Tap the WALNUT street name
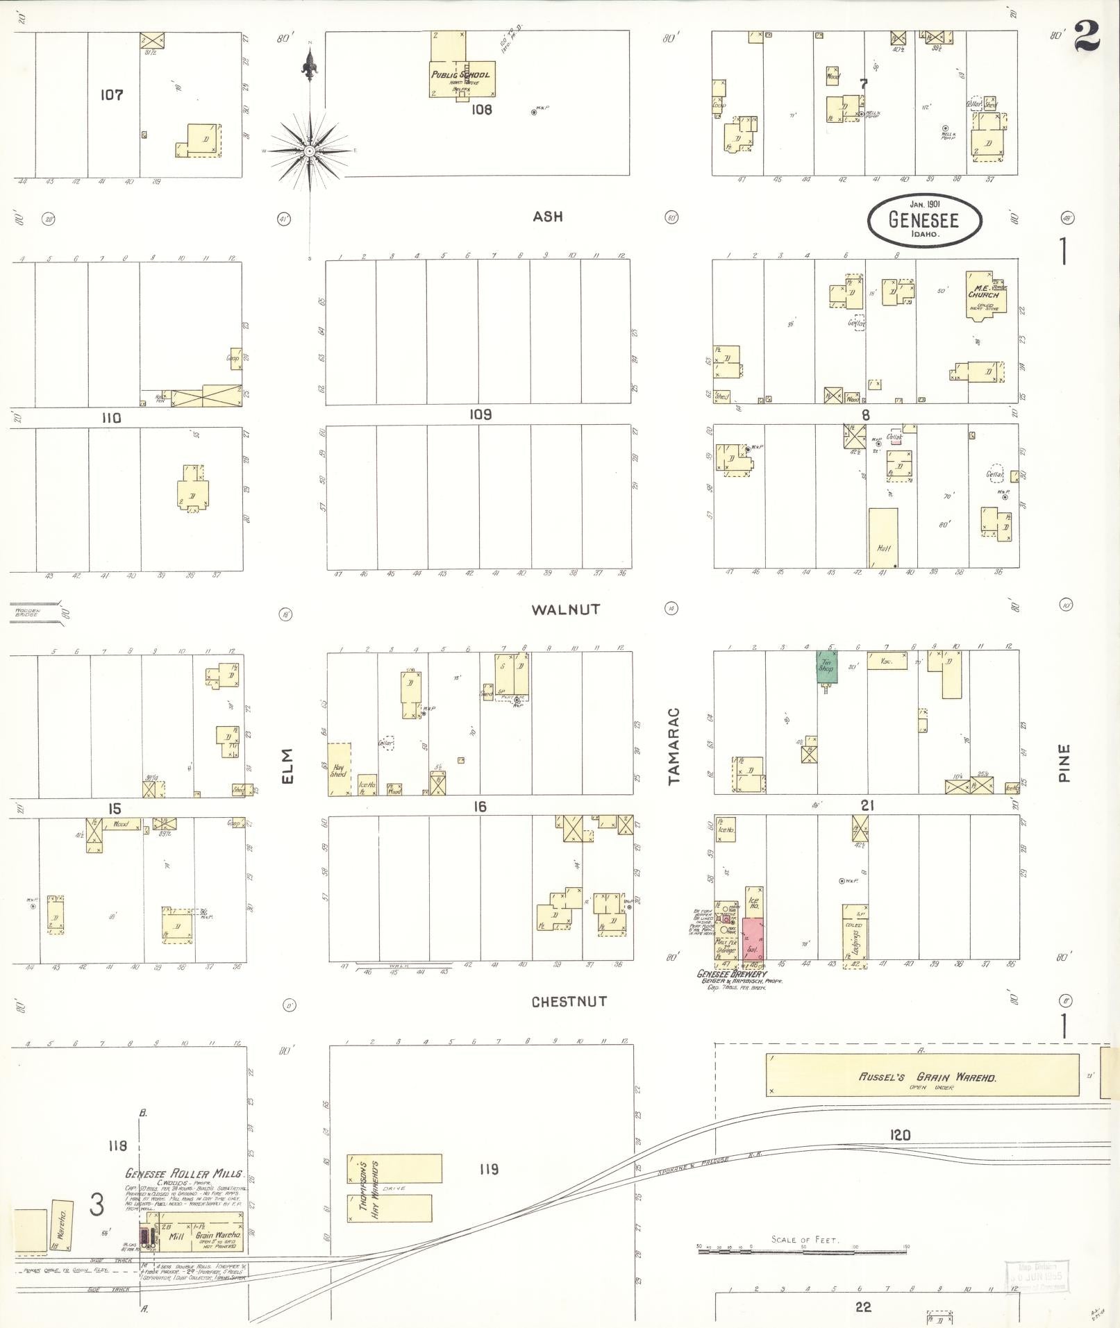[565, 610]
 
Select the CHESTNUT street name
[569, 1002]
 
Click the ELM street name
[288, 766]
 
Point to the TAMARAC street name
[674, 746]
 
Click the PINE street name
[1064, 763]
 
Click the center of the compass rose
[310, 150]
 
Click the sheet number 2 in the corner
[1087, 37]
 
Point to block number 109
[480, 414]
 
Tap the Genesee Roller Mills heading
[184, 1173]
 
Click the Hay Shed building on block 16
[339, 769]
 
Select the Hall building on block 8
[883, 537]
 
